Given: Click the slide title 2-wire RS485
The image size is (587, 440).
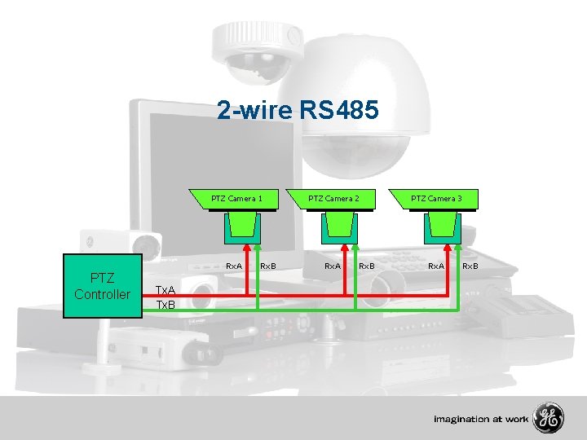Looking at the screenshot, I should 298,110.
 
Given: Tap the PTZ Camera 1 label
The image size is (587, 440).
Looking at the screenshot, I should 236,198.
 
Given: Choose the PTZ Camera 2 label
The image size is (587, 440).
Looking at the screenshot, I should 333,198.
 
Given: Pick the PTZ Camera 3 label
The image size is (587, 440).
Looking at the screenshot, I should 435,198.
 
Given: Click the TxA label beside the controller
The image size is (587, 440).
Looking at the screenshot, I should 166,290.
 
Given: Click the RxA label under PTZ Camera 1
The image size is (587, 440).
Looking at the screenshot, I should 234,266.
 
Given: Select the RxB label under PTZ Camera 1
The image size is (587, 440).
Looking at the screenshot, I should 267,266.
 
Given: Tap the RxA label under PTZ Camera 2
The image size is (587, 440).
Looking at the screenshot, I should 333,266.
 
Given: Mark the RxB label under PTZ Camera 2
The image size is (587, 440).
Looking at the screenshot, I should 366,266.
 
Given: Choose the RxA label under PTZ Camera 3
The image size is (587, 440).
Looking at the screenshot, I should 436,266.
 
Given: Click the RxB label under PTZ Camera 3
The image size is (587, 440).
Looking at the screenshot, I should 470,266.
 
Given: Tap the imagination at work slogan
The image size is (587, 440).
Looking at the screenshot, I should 481,420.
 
